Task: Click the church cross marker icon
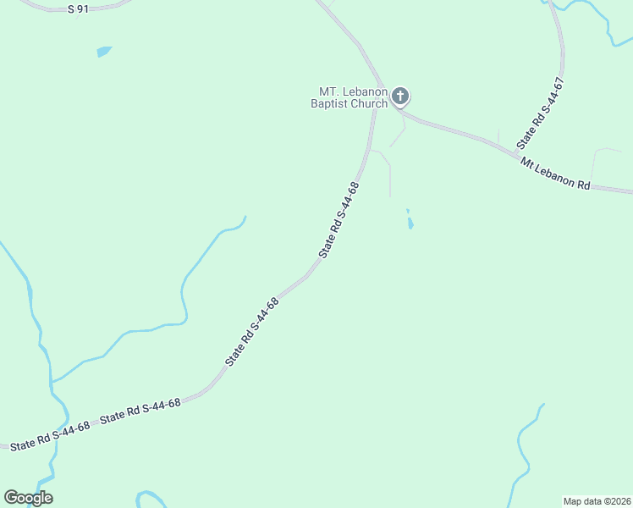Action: coord(400,97)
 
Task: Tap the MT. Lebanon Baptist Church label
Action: coord(352,97)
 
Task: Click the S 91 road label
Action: coord(78,8)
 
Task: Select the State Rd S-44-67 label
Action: coord(541,112)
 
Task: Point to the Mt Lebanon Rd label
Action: coord(555,174)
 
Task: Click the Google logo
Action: coord(29,498)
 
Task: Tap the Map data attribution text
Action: coord(597,501)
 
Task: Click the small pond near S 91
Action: coord(103,52)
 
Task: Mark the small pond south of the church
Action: coord(410,223)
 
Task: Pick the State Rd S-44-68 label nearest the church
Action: coord(339,220)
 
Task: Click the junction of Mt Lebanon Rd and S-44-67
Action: coord(518,154)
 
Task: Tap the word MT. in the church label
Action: coord(330,91)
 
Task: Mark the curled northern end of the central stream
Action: coord(243,222)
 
